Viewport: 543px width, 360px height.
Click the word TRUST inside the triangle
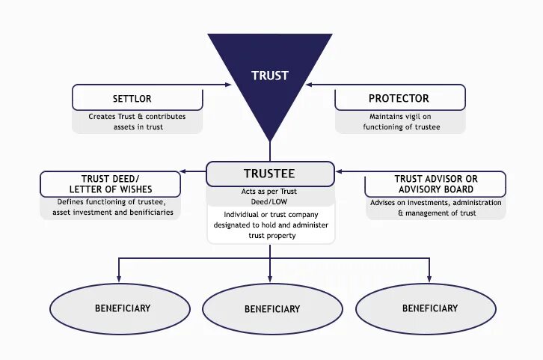[x=269, y=76]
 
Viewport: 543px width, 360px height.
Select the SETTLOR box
[x=137, y=98]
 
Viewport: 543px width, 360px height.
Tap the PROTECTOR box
[x=399, y=98]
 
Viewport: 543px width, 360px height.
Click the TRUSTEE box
[x=269, y=174]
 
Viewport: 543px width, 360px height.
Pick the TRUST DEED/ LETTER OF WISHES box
[x=111, y=184]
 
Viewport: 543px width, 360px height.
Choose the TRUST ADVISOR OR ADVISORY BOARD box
[x=435, y=184]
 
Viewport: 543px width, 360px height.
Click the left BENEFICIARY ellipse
[x=122, y=308]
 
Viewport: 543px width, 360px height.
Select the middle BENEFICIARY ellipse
[x=271, y=308]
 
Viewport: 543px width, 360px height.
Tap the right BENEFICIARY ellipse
[x=429, y=308]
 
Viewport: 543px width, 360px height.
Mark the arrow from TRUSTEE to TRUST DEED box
[x=193, y=172]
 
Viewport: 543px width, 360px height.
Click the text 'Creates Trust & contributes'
[x=137, y=117]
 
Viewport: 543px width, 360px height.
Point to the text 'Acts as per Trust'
[x=270, y=192]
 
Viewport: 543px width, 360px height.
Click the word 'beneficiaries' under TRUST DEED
[x=149, y=213]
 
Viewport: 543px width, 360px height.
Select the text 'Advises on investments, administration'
[x=435, y=202]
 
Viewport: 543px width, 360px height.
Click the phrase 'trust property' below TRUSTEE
[x=270, y=236]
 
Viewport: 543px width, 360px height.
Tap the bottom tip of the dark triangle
[x=270, y=140]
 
